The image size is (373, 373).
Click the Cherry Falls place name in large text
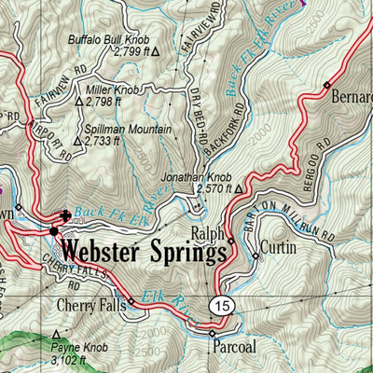87,305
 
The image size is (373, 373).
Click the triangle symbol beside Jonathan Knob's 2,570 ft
239,189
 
